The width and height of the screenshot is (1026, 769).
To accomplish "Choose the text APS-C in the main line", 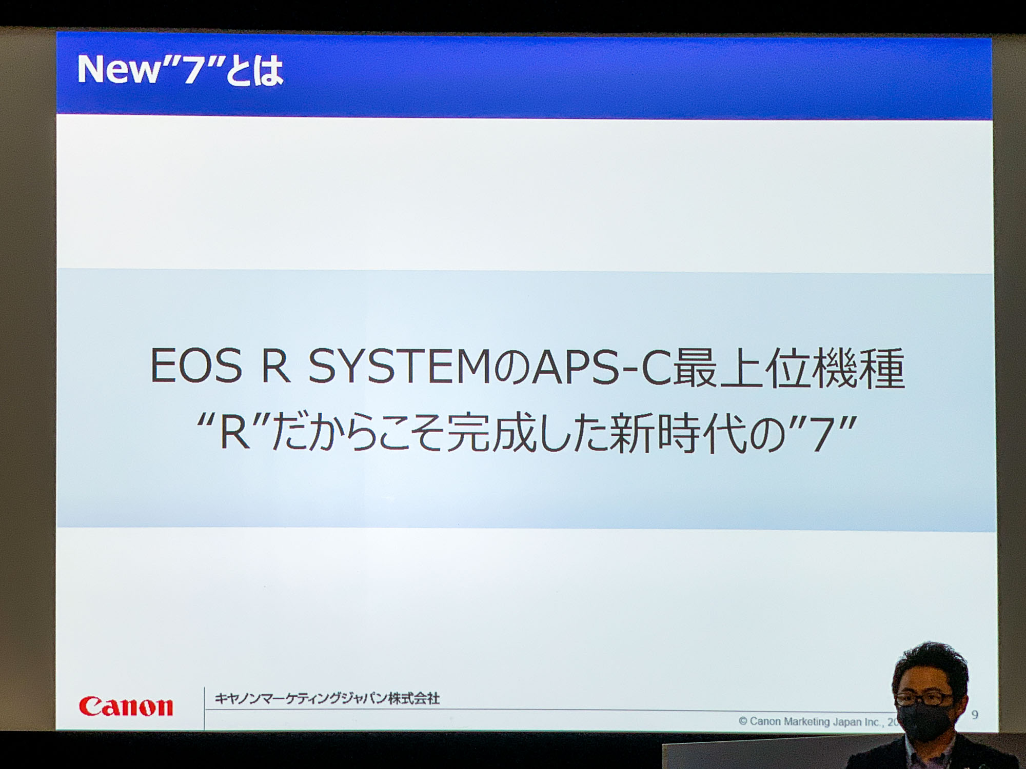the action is [602, 368].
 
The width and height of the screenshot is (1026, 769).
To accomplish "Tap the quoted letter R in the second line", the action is [234, 435].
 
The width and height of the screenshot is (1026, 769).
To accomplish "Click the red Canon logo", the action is [126, 706].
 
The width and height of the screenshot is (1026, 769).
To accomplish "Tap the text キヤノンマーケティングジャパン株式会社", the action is [327, 698].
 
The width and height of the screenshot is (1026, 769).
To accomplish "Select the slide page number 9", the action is [975, 714].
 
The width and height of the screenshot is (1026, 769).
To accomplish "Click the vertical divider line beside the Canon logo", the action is [204, 708].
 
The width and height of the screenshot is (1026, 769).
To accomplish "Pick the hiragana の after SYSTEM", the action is [511, 368].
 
